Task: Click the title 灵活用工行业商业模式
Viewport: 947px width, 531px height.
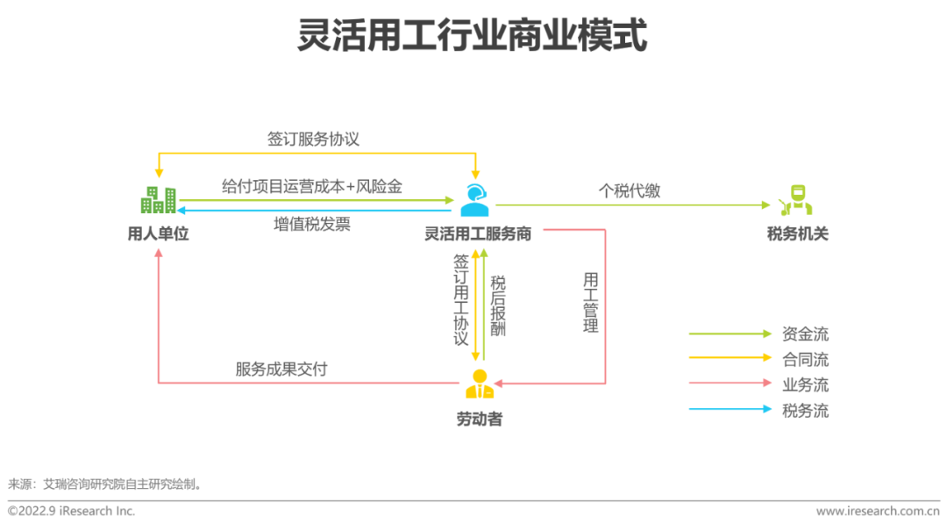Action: [473, 34]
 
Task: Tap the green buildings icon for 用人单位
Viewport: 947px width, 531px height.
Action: [158, 199]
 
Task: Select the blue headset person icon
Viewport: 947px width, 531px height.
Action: [474, 200]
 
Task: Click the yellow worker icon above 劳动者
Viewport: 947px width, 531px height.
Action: [480, 384]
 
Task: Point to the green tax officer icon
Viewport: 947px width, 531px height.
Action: [796, 200]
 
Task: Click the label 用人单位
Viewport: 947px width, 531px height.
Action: [158, 233]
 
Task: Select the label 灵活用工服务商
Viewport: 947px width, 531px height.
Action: [478, 233]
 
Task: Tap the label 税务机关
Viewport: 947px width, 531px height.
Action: [797, 233]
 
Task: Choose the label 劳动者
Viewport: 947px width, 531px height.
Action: [480, 419]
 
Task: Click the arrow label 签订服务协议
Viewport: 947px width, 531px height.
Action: [313, 139]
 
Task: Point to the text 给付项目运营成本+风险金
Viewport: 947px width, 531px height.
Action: [311, 186]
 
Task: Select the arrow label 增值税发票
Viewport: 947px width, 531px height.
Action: [311, 225]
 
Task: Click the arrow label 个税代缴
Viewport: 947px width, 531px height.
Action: [630, 191]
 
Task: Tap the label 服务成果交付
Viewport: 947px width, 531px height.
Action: [281, 369]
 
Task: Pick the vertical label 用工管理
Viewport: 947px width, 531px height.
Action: [591, 303]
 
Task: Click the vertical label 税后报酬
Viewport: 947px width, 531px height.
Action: [498, 305]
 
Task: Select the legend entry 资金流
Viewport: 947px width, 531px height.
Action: [805, 334]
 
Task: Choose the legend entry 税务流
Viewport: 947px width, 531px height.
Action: [805, 411]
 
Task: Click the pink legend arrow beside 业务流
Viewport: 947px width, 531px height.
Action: [730, 383]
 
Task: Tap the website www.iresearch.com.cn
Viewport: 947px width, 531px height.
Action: [878, 511]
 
